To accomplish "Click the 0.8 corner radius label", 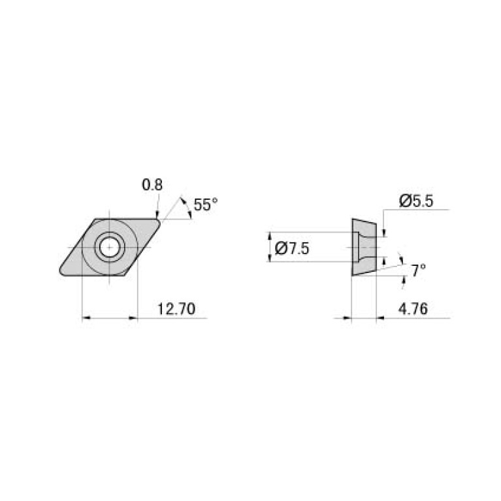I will pos(152,186).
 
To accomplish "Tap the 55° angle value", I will pos(205,205).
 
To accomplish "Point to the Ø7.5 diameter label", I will pos(291,248).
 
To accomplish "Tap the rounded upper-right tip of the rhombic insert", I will pos(159,221).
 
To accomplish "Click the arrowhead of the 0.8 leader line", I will pos(157,214).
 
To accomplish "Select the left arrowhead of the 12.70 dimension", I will pos(86,319).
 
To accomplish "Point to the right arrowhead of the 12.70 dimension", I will pos(135,319).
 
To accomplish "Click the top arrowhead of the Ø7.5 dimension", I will pos(270,235).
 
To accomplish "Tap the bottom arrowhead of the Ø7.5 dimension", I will pos(270,259).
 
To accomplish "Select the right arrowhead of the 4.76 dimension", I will pos(381,319).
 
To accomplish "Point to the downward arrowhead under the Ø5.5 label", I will pos(384,233).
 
